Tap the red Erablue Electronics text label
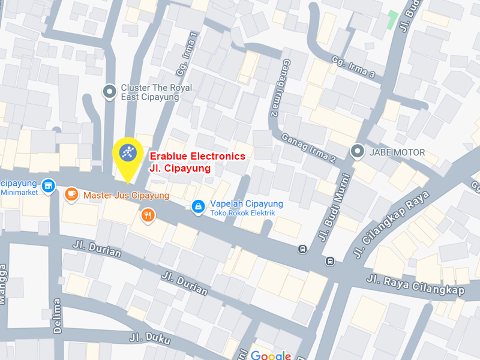point(197,156)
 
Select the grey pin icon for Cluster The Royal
point(109,92)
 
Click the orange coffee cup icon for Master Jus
point(71,194)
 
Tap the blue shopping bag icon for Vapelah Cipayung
point(197,207)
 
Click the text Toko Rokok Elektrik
point(242,213)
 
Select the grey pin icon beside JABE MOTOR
point(358,152)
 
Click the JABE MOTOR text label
point(397,152)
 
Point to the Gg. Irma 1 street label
point(187,54)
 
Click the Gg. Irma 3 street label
point(354,67)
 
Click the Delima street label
point(57,315)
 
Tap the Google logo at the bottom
point(271,355)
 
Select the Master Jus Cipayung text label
point(126,195)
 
